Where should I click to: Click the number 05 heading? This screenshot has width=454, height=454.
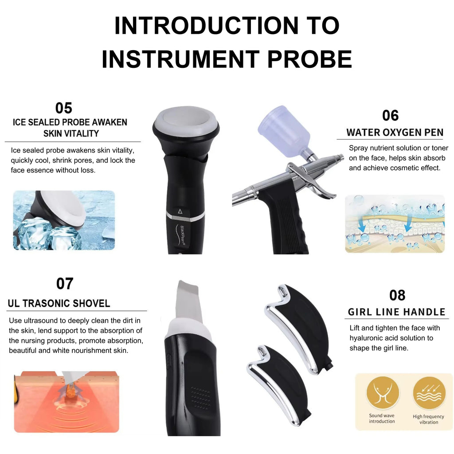click(x=64, y=108)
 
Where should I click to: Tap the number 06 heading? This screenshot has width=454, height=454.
click(x=390, y=116)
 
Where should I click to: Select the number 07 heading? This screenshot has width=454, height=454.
click(x=65, y=283)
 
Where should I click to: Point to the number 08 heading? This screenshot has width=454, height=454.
click(x=397, y=295)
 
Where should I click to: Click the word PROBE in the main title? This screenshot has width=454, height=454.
click(x=309, y=59)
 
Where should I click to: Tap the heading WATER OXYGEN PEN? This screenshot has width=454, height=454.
click(x=395, y=132)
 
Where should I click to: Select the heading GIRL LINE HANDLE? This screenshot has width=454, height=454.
click(x=396, y=312)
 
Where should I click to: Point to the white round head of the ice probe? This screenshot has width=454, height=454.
click(x=186, y=121)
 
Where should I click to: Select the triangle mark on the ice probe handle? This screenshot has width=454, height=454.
click(x=180, y=211)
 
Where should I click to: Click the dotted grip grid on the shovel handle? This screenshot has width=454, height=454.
click(x=200, y=398)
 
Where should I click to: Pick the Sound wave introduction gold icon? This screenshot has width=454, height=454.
click(x=383, y=393)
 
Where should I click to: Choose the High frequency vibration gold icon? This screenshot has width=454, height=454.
click(x=429, y=393)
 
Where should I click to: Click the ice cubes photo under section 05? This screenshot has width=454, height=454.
click(x=64, y=220)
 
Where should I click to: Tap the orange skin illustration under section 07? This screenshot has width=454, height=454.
click(x=67, y=402)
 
